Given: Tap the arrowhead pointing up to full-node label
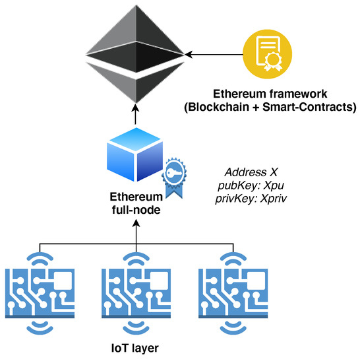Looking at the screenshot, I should (136, 224).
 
